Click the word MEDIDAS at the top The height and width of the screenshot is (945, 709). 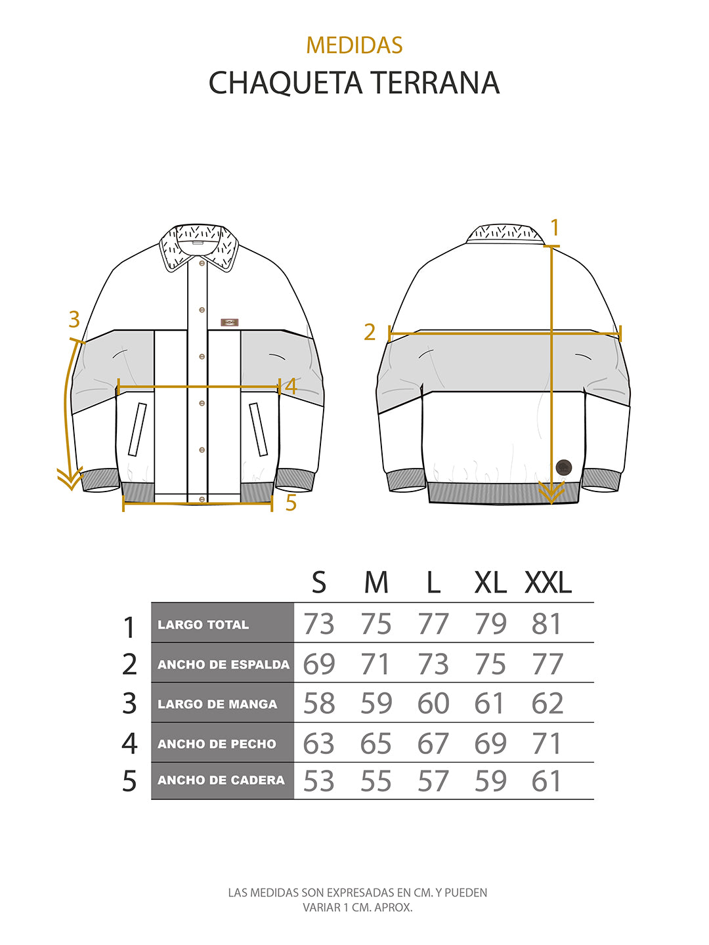tap(354, 45)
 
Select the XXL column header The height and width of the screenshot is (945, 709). tap(548, 582)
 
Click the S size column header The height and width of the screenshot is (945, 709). tap(319, 582)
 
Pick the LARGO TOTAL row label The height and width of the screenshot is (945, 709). tap(203, 625)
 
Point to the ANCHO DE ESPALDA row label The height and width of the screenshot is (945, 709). tap(223, 664)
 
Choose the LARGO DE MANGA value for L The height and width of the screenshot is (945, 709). tap(433, 703)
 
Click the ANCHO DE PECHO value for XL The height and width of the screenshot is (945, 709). tap(490, 744)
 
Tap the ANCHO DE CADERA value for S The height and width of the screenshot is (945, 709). tap(319, 781)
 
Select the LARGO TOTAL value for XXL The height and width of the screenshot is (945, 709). tap(547, 624)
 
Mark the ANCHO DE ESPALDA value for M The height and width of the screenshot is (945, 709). tap(376, 664)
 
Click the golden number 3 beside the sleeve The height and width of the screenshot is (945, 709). tap(74, 320)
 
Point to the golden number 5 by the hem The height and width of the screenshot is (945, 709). tap(291, 503)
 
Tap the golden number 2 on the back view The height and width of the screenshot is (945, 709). tap(370, 332)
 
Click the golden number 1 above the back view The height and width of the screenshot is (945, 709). tap(555, 228)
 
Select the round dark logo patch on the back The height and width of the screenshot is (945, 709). tap(563, 467)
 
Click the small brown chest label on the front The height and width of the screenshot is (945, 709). tap(229, 322)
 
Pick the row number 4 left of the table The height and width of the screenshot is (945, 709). tap(129, 744)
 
